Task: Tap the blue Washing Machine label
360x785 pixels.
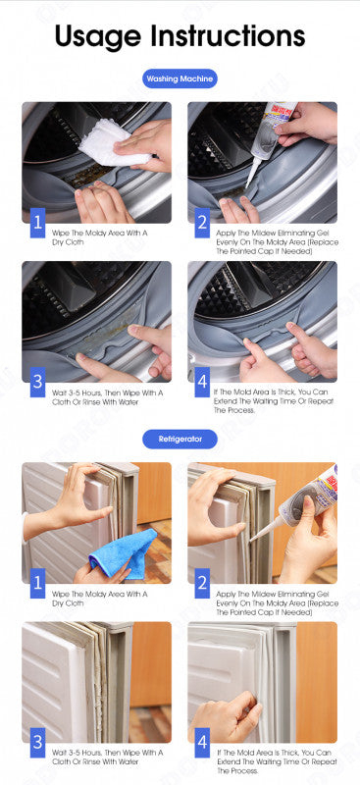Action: click(180, 79)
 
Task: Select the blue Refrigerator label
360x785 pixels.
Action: click(180, 439)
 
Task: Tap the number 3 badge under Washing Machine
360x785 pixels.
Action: click(37, 381)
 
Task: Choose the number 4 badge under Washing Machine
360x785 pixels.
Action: click(203, 381)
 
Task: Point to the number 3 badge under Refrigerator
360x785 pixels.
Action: click(37, 742)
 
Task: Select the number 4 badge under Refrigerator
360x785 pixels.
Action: click(203, 742)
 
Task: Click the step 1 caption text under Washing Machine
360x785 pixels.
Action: click(99, 235)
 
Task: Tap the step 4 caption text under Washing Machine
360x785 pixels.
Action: click(275, 400)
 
